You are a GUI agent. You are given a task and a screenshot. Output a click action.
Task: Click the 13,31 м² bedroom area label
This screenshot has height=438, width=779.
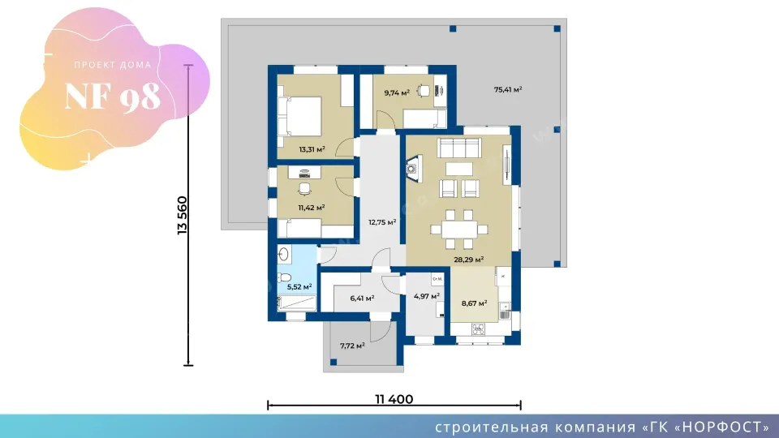312,149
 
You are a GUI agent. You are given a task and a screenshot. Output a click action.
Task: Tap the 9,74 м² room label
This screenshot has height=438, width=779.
397,92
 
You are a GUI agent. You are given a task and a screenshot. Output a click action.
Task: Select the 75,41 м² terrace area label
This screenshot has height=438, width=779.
508,89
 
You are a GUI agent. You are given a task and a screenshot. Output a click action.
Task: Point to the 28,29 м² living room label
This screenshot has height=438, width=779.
468,259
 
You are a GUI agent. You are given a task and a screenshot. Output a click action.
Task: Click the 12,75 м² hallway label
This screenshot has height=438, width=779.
382,222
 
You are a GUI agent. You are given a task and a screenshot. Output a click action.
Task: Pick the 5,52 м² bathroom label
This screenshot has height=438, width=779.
299,286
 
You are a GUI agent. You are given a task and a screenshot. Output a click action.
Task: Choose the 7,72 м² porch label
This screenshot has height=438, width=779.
352,346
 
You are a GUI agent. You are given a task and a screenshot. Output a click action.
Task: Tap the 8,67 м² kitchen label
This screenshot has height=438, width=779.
474,303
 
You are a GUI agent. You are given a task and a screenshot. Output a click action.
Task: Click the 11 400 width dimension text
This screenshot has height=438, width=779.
394,399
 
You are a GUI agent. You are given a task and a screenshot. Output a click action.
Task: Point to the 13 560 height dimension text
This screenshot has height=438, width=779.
183,215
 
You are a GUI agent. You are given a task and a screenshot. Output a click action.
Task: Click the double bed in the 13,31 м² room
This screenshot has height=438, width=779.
299,116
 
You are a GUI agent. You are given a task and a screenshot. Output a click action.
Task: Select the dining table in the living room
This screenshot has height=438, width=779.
459,230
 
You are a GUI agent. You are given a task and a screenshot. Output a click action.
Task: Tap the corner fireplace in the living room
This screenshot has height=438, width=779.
414,169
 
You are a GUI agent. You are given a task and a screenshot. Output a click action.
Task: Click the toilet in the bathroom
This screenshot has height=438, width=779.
284,277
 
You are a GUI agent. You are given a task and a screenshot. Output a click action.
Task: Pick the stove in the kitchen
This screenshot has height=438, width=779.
478,328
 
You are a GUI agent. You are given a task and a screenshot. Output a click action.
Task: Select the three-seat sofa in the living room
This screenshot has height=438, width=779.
459,148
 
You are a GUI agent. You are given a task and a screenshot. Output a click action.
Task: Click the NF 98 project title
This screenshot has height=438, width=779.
113,97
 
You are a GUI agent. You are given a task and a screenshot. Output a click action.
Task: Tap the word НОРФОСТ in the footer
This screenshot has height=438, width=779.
721,427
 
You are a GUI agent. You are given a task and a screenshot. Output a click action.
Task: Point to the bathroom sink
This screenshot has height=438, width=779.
284,255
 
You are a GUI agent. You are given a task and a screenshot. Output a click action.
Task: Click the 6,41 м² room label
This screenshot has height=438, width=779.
362,298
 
